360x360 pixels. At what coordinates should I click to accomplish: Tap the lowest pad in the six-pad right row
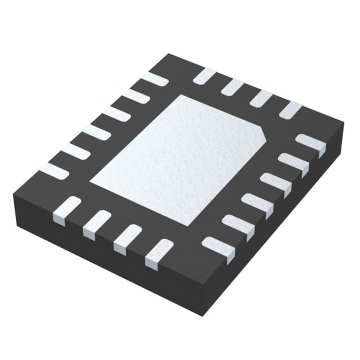pos(219,247)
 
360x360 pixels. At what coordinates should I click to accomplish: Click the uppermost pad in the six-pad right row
pos(310,144)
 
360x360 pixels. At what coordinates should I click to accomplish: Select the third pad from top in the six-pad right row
pos(275,184)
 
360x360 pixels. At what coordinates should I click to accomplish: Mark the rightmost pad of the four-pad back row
pos(291,109)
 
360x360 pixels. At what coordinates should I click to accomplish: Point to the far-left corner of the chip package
pos(13,193)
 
